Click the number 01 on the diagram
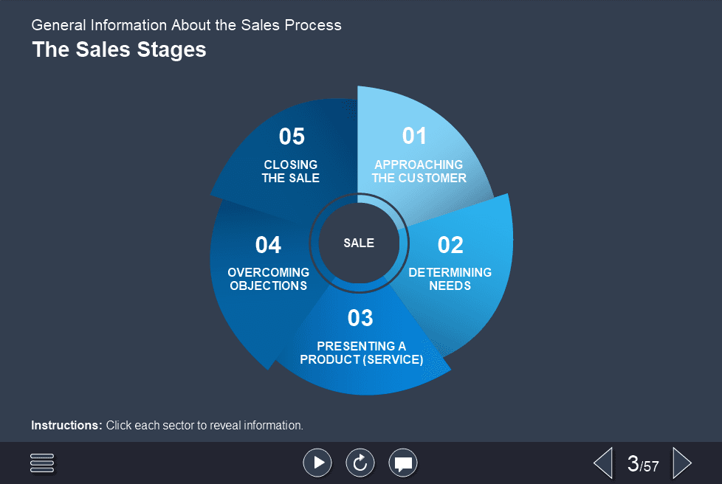tap(414, 136)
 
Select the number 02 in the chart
tap(450, 245)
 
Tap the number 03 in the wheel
tap(360, 318)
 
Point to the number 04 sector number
tap(268, 245)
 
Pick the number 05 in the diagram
tap(292, 136)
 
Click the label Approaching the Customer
tap(419, 171)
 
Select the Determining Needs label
tap(450, 279)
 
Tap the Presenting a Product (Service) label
tap(361, 353)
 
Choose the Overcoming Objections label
tap(268, 279)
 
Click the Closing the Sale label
tap(291, 171)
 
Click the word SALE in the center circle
tap(359, 243)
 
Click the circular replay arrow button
tap(360, 463)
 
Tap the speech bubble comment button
tap(403, 463)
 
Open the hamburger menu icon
tap(42, 463)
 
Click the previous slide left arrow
tap(603, 463)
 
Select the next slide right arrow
tap(682, 463)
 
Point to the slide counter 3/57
tap(642, 464)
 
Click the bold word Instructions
tap(66, 426)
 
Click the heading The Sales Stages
tap(119, 50)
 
